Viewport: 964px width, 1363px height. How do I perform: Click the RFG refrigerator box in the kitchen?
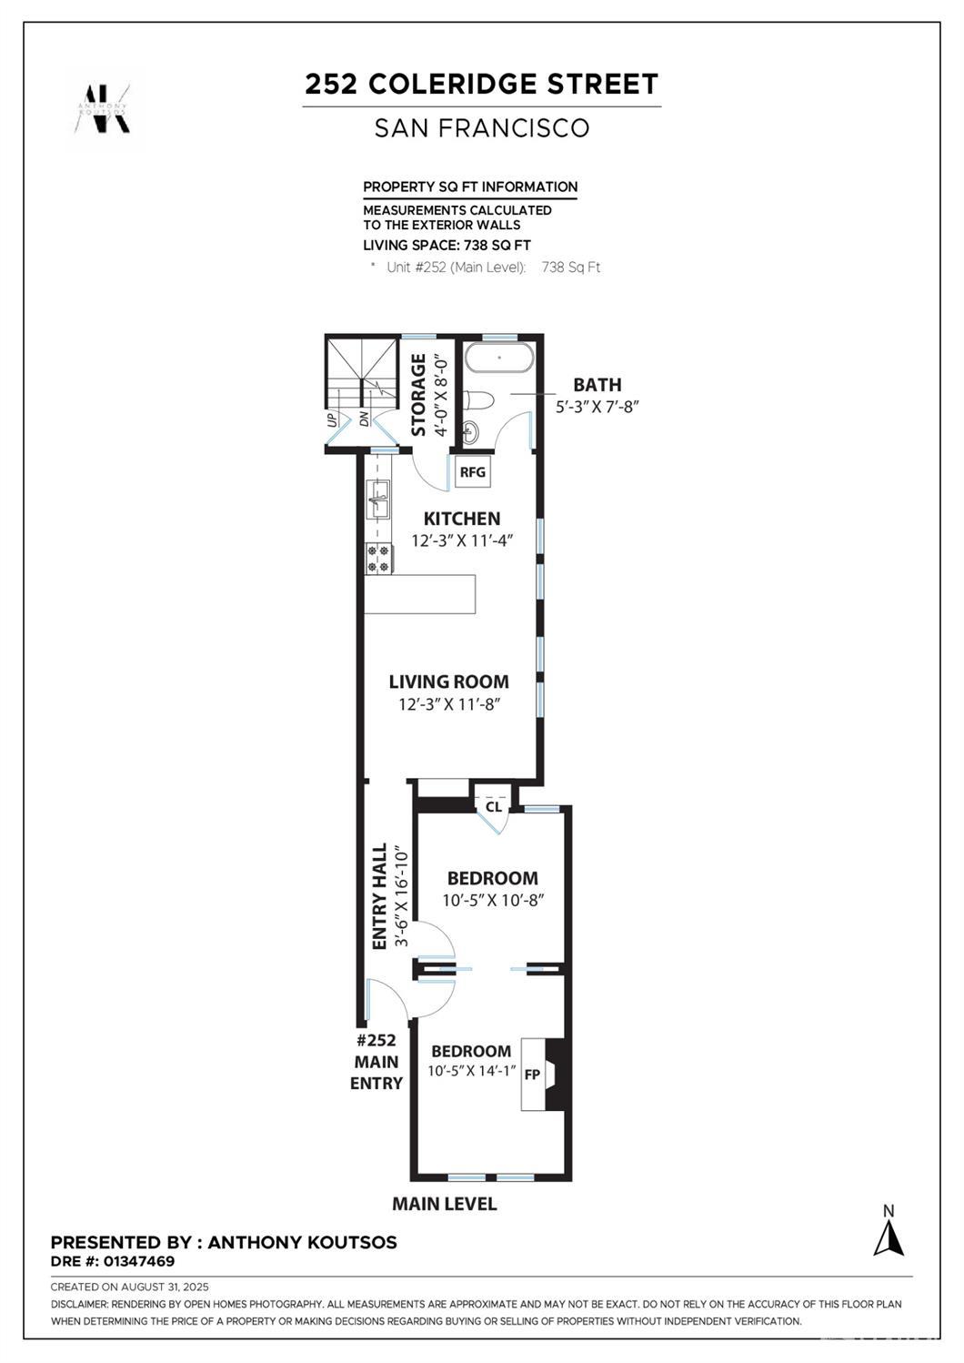(472, 471)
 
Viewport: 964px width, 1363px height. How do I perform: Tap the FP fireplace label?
(532, 1075)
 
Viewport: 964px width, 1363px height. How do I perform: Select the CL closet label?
(493, 806)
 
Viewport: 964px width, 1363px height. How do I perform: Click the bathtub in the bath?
(499, 358)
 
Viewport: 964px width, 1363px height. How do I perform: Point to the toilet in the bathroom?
(478, 400)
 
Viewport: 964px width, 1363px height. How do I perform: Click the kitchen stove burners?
(377, 559)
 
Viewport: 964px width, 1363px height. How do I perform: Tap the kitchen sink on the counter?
(377, 500)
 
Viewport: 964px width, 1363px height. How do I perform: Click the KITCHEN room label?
(462, 519)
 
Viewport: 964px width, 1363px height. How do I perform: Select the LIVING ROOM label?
(448, 681)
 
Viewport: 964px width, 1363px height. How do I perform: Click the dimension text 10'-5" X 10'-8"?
(493, 901)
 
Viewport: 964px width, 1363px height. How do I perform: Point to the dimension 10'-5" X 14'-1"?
(472, 1071)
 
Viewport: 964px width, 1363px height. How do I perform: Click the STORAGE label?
(419, 395)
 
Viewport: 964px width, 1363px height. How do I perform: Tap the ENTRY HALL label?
(379, 896)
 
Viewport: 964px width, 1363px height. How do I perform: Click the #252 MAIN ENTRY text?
(377, 1062)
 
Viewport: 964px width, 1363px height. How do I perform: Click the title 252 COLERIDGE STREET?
(481, 85)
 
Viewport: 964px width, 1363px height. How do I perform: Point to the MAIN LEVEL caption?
(444, 1204)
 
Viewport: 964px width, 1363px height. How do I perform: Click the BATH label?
(597, 385)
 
